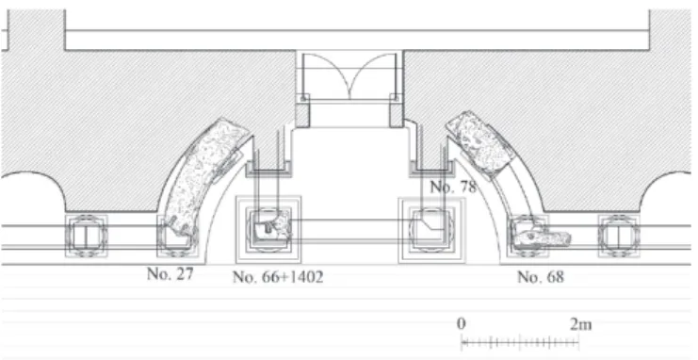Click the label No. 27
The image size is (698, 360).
click(170, 273)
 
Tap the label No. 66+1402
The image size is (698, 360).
click(278, 277)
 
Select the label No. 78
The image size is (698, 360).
click(453, 187)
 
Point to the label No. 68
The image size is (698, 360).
click(541, 277)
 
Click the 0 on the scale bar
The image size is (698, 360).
click(462, 324)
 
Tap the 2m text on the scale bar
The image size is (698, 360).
click(581, 324)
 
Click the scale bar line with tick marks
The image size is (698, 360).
click(519, 343)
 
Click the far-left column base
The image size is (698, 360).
click(87, 236)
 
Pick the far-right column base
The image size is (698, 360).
click(619, 236)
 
